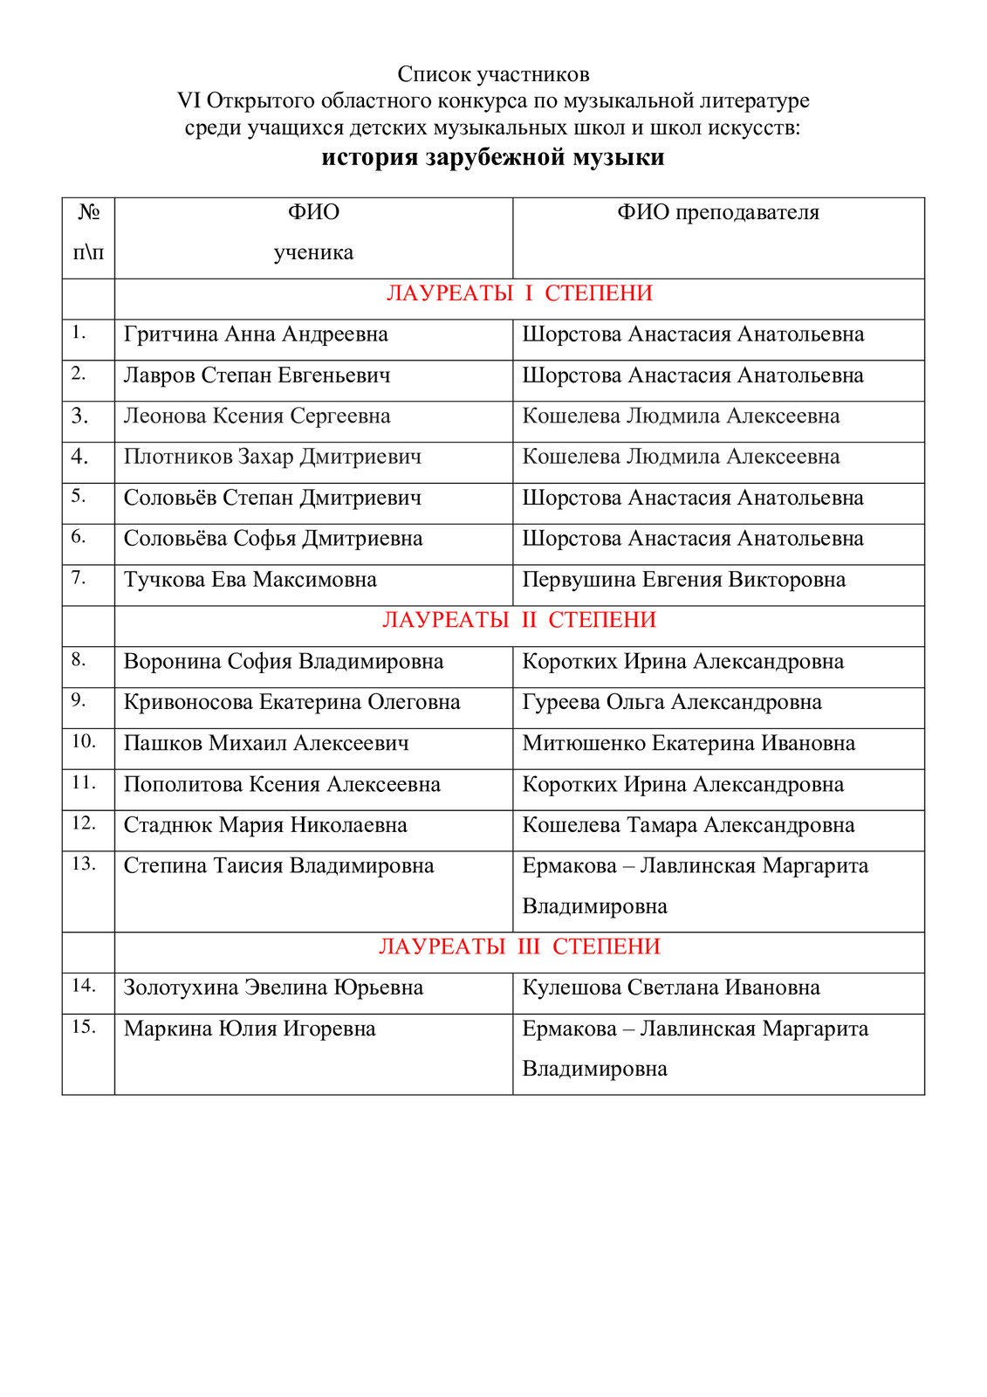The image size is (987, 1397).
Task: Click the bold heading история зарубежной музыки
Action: [x=493, y=158]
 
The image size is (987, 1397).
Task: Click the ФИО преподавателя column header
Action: [x=718, y=212]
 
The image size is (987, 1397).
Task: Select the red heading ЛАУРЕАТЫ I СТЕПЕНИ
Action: [x=519, y=293]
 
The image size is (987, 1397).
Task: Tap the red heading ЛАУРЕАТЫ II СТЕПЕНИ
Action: [x=519, y=620]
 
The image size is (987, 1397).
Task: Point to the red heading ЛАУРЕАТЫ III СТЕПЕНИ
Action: [x=519, y=946]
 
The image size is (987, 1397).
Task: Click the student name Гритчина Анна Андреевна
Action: [x=256, y=334]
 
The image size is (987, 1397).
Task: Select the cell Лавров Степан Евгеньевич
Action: [x=257, y=375]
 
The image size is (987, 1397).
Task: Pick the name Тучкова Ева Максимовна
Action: [x=250, y=580]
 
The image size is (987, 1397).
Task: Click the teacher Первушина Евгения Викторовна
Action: [x=683, y=580]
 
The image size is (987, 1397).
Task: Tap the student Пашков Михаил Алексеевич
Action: [x=266, y=743]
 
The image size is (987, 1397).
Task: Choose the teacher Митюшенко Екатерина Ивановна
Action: [x=689, y=743]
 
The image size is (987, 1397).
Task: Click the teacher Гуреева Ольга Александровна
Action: [x=672, y=702]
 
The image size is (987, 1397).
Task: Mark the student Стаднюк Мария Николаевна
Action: [x=265, y=825]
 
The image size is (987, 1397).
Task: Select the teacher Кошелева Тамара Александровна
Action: [x=689, y=825]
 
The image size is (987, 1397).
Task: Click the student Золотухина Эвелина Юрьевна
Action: [x=273, y=988]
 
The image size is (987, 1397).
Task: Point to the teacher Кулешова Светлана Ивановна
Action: [x=671, y=988]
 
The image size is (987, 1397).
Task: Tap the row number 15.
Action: [x=84, y=1027]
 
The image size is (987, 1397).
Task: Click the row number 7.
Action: [x=79, y=578]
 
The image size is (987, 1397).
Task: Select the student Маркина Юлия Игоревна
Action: [x=250, y=1029]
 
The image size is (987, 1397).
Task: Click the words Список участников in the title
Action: [x=493, y=74]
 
